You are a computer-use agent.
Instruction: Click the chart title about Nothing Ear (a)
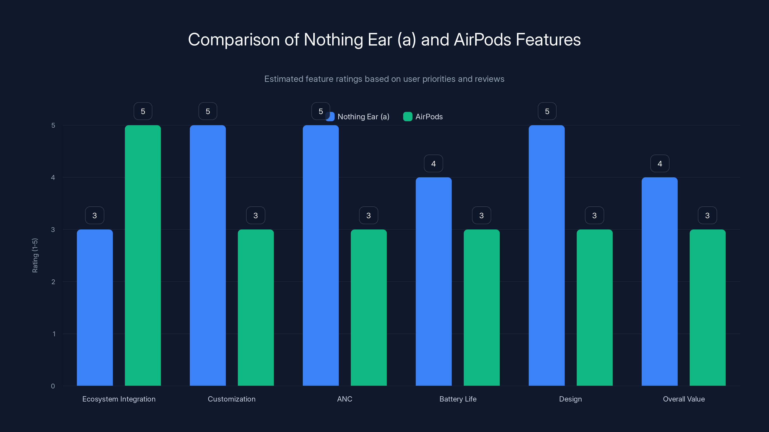384,39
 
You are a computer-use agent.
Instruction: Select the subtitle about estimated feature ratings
384,79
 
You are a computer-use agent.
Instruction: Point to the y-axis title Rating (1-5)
35,255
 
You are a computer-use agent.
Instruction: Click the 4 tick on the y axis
53,177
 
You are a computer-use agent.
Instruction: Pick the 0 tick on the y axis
53,386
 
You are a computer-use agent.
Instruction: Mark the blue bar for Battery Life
434,282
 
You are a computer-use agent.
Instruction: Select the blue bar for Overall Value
659,282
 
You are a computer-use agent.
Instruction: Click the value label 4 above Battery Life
434,163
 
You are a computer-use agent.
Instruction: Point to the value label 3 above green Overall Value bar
707,215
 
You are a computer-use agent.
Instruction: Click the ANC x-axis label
345,399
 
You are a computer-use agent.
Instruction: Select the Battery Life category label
458,399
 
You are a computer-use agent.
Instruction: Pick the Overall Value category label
684,399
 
